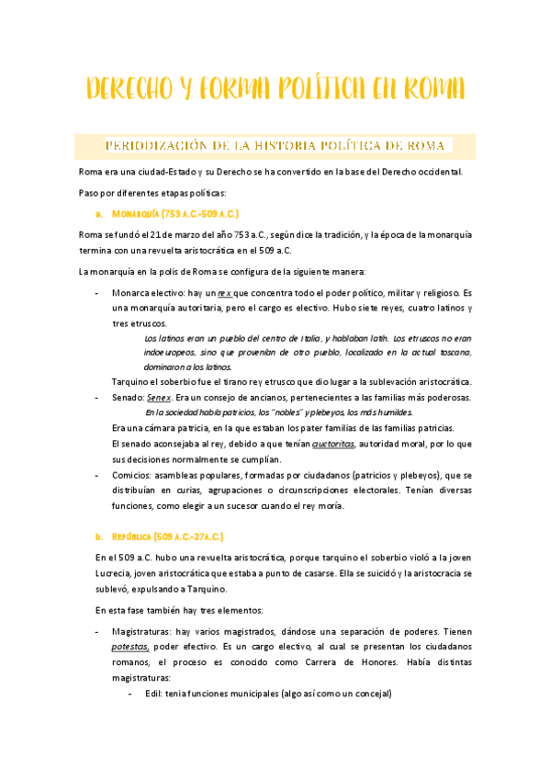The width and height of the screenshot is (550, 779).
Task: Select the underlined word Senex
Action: tap(160, 398)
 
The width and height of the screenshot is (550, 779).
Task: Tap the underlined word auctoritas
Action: tap(332, 444)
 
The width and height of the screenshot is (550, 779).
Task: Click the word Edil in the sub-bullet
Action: tap(152, 694)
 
